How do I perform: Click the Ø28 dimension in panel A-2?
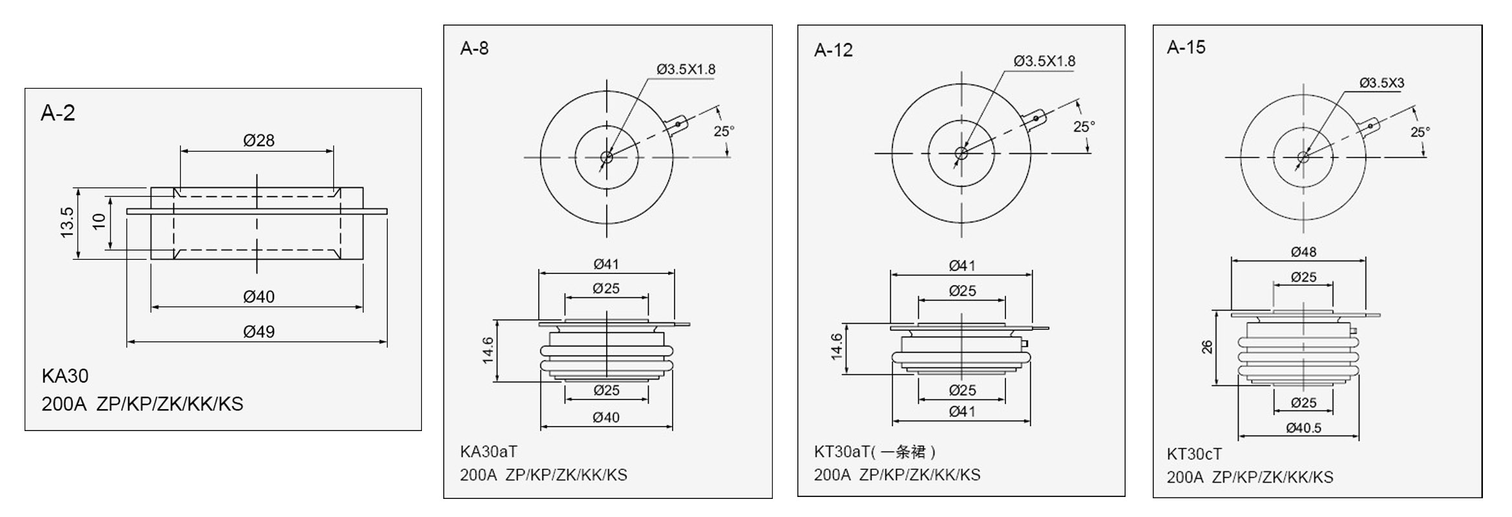click(258, 140)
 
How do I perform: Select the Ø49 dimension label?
click(258, 332)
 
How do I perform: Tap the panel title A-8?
click(474, 48)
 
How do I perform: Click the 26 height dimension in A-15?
click(1207, 347)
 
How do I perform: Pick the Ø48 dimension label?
click(1303, 252)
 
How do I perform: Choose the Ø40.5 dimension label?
click(1303, 428)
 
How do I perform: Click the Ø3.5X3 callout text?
click(1381, 83)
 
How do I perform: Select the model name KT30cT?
click(1194, 454)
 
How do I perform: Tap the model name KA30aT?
click(488, 451)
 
